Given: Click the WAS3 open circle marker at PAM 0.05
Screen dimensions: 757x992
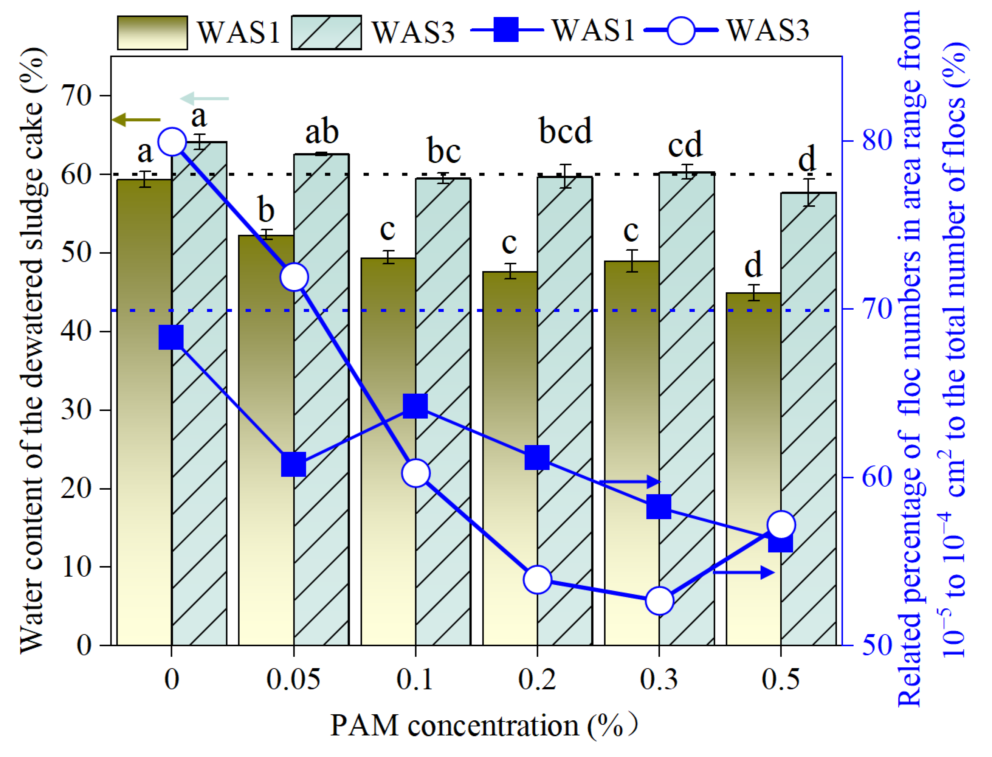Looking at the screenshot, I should [x=294, y=277].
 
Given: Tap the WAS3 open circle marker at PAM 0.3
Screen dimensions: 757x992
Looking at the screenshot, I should [x=659, y=600].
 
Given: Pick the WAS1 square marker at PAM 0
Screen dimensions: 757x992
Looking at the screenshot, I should [x=171, y=338].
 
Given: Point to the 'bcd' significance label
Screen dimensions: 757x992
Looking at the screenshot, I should [x=566, y=131].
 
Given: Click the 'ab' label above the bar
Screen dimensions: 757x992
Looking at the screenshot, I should [x=322, y=132].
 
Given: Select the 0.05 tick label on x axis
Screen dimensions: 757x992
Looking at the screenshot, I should [x=293, y=679].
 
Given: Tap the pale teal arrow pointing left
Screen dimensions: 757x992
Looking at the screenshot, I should [x=205, y=98].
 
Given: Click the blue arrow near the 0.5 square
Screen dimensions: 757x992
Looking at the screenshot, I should [x=744, y=573].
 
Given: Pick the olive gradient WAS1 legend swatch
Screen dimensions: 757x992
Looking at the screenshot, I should [x=152, y=33].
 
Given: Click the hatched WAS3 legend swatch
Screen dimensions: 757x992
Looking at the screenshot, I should [x=326, y=33].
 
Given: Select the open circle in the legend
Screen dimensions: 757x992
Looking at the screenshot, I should [x=681, y=31].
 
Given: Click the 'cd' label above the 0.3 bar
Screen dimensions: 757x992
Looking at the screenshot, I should [x=685, y=145].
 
